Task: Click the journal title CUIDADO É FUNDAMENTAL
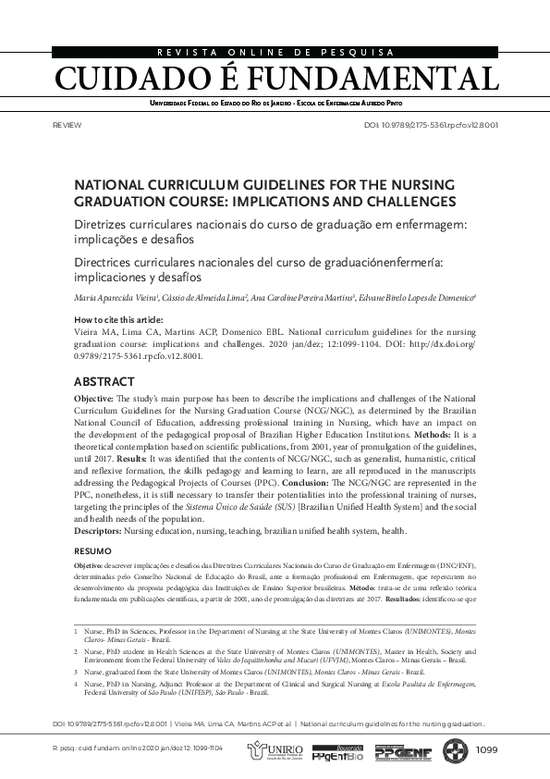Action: (275, 78)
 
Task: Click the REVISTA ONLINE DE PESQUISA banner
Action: (275, 53)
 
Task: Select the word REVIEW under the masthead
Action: (68, 125)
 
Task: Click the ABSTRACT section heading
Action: (104, 381)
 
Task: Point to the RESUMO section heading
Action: (92, 551)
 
